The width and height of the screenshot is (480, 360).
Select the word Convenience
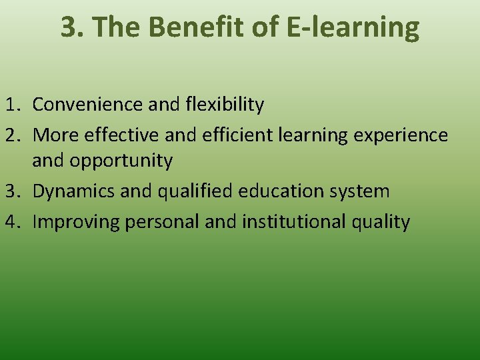point(87,105)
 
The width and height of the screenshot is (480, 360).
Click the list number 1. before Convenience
point(15,105)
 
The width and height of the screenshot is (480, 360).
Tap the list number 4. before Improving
point(15,221)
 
